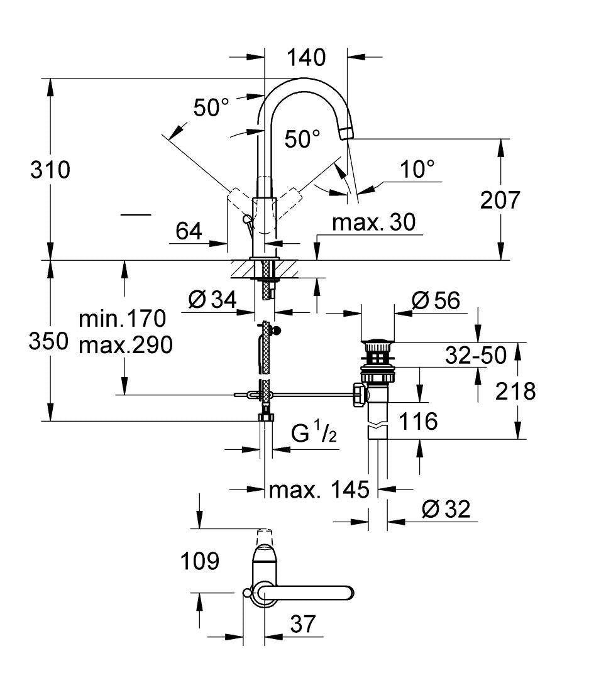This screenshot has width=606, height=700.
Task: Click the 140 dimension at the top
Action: pyautogui.click(x=306, y=58)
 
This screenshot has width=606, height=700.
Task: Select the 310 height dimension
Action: pyautogui.click(x=51, y=170)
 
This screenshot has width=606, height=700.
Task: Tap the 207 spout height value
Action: pyautogui.click(x=500, y=200)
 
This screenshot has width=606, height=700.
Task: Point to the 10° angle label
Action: pyautogui.click(x=418, y=168)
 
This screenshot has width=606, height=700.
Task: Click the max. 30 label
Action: pyautogui.click(x=373, y=222)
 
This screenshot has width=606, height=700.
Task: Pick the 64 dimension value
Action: pyautogui.click(x=189, y=232)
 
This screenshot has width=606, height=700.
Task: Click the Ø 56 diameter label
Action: pyautogui.click(x=436, y=300)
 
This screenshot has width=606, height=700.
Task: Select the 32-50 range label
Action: pyautogui.click(x=476, y=356)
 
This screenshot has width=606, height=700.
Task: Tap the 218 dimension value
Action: pyautogui.click(x=515, y=391)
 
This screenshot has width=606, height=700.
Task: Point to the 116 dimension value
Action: pyautogui.click(x=419, y=421)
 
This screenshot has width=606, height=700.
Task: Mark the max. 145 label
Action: pyautogui.click(x=319, y=489)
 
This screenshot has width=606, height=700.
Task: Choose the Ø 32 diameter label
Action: pyautogui.click(x=446, y=509)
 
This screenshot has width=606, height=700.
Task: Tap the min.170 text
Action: pyautogui.click(x=122, y=319)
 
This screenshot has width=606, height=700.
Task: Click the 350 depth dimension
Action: pyautogui.click(x=48, y=341)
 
